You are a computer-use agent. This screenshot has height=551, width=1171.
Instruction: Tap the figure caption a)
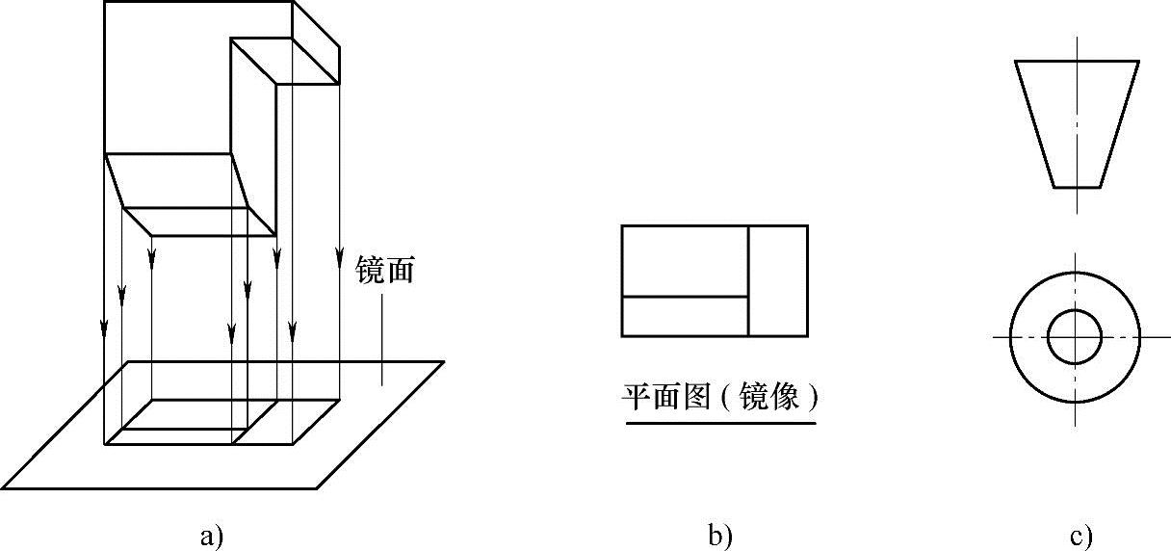pyautogui.click(x=211, y=536)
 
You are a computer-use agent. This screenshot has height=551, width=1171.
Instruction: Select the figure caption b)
pyautogui.click(x=720, y=536)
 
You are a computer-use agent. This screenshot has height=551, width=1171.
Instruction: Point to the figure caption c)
pyautogui.click(x=1080, y=536)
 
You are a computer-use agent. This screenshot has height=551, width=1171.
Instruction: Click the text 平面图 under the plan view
pyautogui.click(x=664, y=397)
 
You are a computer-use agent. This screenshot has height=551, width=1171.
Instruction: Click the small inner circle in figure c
pyautogui.click(x=1075, y=337)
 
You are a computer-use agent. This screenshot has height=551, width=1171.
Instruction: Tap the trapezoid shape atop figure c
pyautogui.click(x=1077, y=120)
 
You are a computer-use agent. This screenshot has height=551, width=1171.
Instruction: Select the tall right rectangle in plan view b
pyautogui.click(x=778, y=280)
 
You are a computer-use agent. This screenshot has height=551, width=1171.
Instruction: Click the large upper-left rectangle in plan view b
pyautogui.click(x=685, y=260)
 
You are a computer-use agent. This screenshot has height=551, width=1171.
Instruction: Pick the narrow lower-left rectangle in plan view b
pyautogui.click(x=685, y=316)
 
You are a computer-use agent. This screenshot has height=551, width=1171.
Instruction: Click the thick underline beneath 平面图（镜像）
pyautogui.click(x=720, y=422)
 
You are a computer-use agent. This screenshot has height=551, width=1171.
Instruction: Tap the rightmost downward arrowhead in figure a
pyautogui.click(x=339, y=258)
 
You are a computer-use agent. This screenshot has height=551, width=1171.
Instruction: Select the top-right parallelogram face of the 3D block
pyautogui.click(x=285, y=60)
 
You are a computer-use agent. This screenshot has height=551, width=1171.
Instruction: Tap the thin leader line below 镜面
pyautogui.click(x=382, y=337)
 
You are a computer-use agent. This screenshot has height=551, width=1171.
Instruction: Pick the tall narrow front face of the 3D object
pyautogui.click(x=254, y=144)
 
